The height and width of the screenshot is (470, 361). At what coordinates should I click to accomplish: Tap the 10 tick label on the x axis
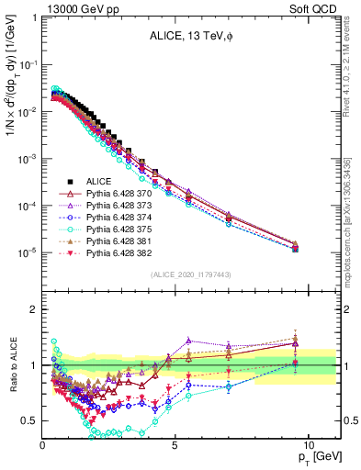pyautogui.click(x=308, y=443)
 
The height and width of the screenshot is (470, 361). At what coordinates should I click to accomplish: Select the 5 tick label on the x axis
pyautogui.click(x=175, y=443)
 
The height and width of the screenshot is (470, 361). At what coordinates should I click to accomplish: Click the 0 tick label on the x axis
pyautogui.click(x=43, y=443)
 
